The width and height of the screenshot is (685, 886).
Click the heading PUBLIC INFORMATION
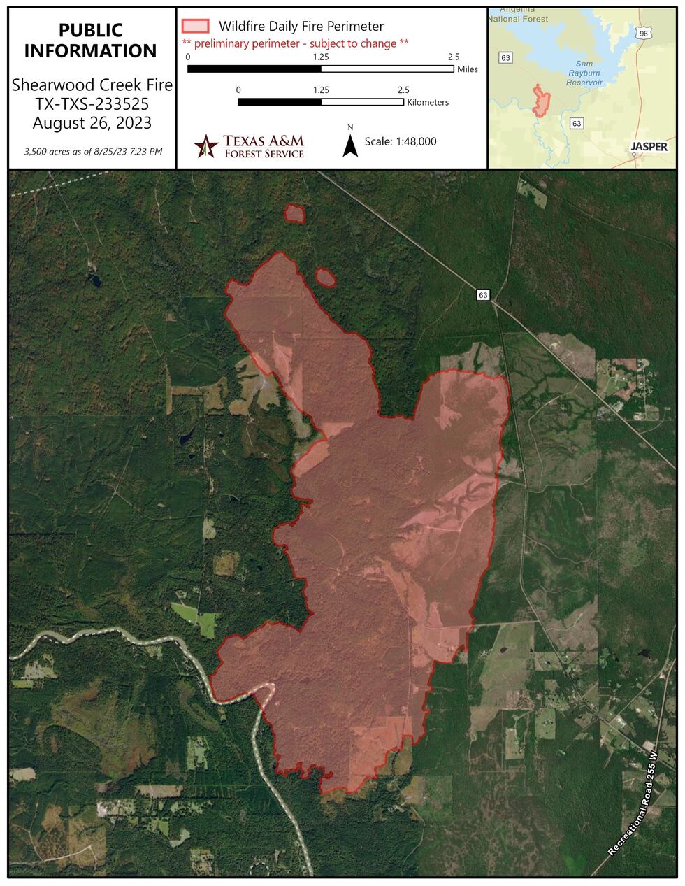[92, 41]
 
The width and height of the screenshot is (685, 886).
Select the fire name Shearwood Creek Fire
[92, 86]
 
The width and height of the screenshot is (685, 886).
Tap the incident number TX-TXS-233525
[92, 105]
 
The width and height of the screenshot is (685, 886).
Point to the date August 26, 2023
[92, 123]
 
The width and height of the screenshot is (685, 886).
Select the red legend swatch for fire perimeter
[195, 27]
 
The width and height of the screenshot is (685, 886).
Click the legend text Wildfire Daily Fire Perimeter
[301, 27]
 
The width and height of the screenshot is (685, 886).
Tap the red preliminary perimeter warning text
[295, 43]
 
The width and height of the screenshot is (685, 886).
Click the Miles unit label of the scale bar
[467, 70]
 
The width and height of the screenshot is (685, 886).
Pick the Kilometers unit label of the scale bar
[427, 102]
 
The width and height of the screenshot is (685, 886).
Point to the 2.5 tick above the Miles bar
[453, 57]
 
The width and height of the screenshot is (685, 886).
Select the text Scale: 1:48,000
[401, 141]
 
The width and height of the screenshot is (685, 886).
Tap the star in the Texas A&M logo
[206, 145]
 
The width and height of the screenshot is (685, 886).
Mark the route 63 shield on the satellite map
[483, 294]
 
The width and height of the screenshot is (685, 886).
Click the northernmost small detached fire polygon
[295, 214]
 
